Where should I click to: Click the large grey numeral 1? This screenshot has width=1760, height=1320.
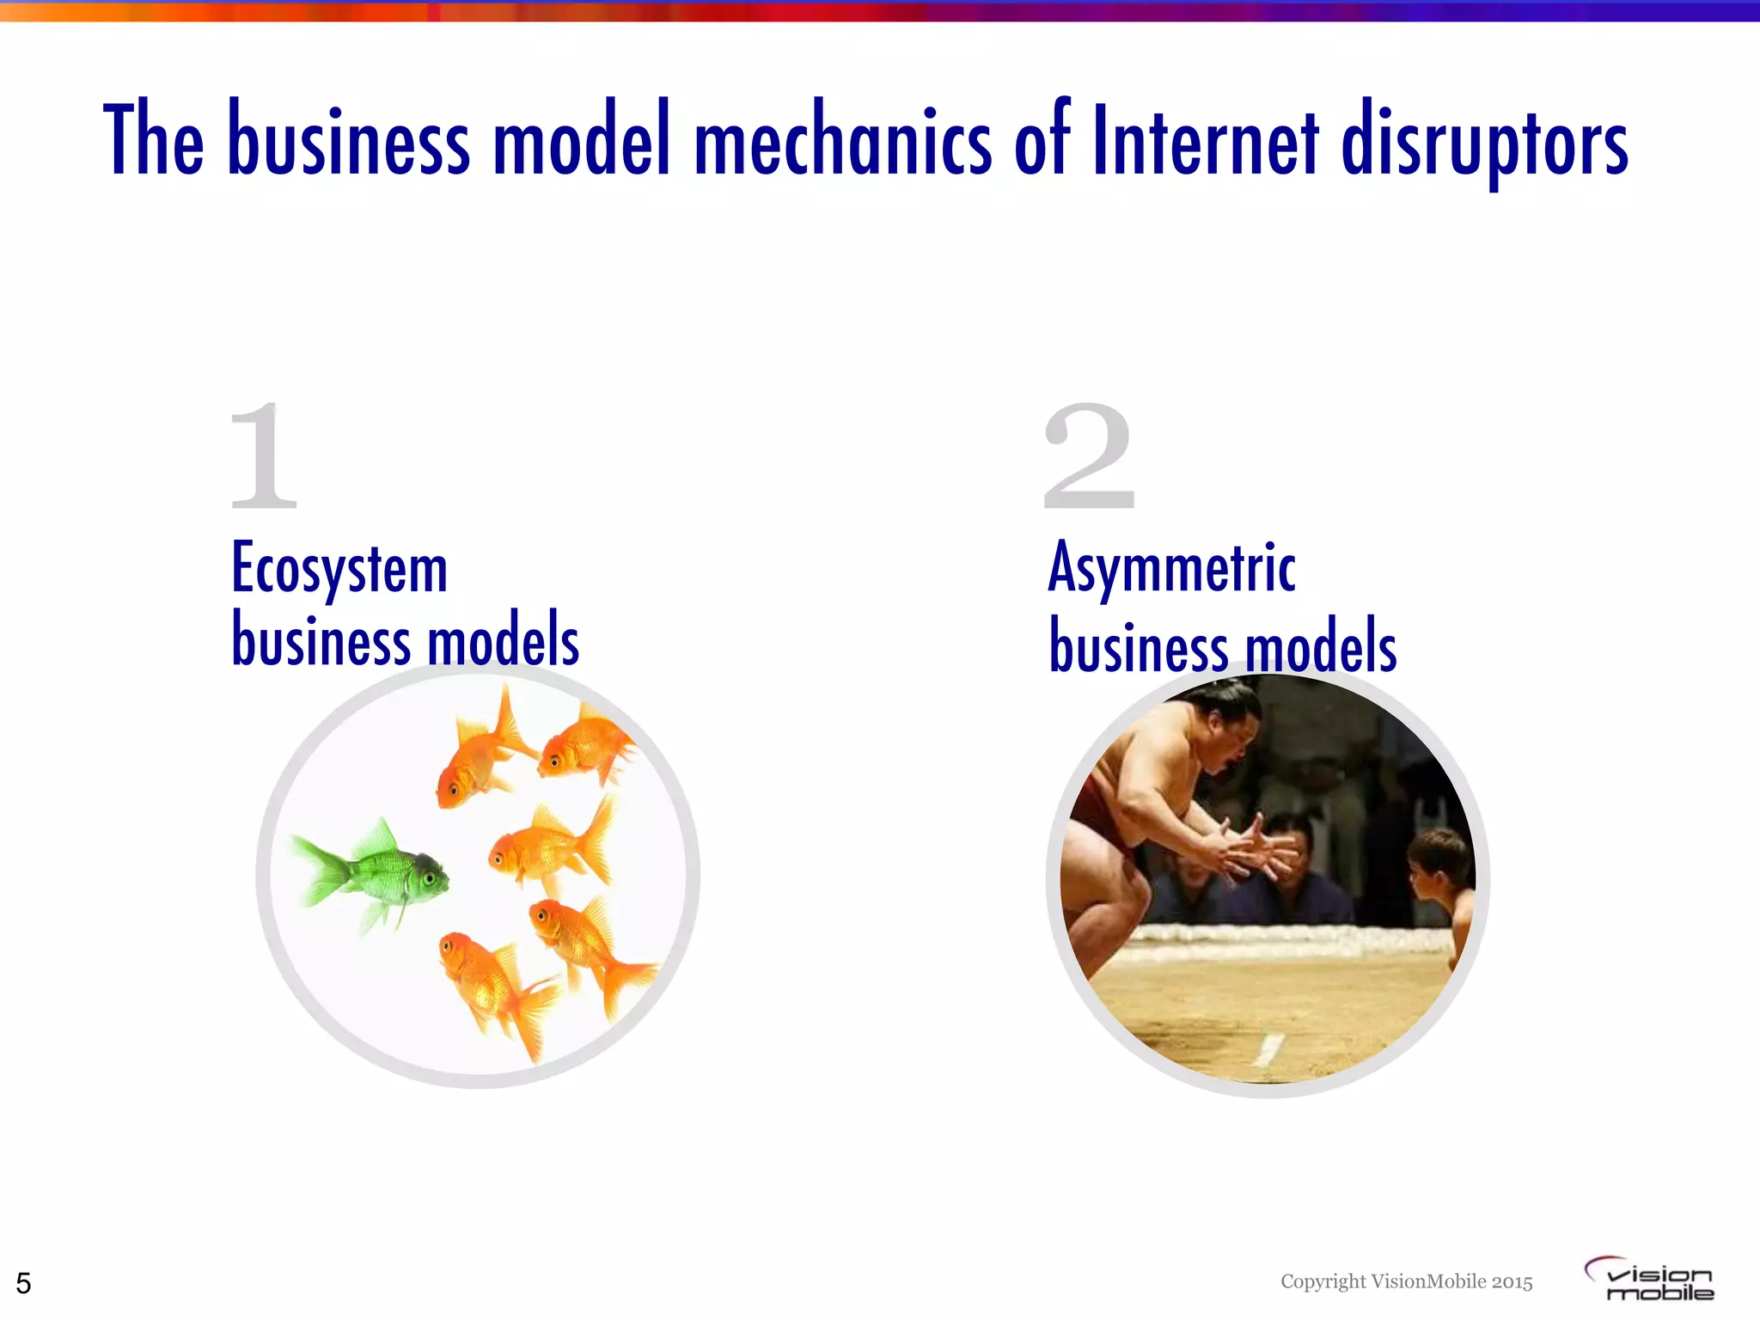point(264,456)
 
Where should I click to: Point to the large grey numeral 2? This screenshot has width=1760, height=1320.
point(1089,456)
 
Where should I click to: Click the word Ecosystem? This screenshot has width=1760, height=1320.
point(339,570)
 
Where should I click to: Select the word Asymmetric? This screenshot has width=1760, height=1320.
point(1171,568)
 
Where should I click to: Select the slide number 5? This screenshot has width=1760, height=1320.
point(23,1283)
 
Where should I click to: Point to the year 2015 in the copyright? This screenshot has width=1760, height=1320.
point(1512,1281)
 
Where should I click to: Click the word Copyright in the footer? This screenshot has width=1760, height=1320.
point(1323,1281)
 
